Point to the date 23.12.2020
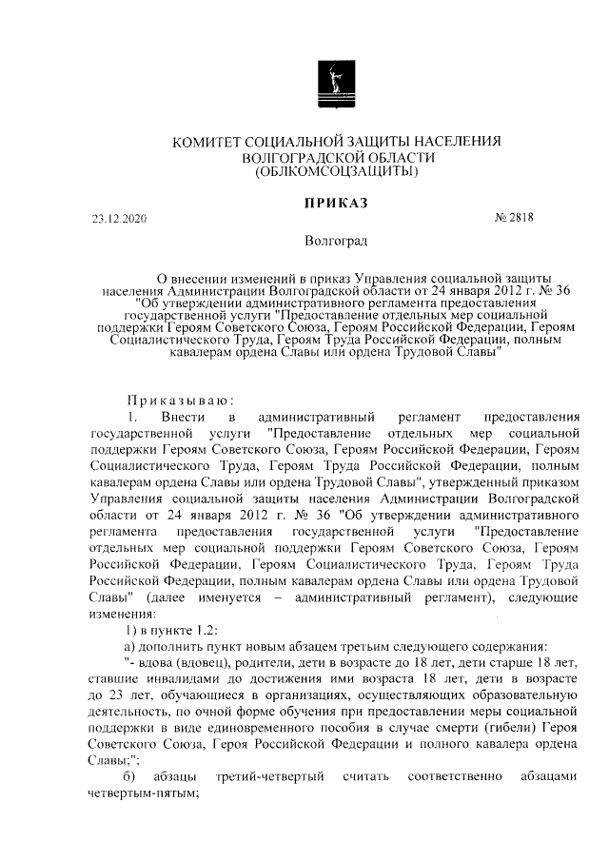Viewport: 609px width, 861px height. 120,218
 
